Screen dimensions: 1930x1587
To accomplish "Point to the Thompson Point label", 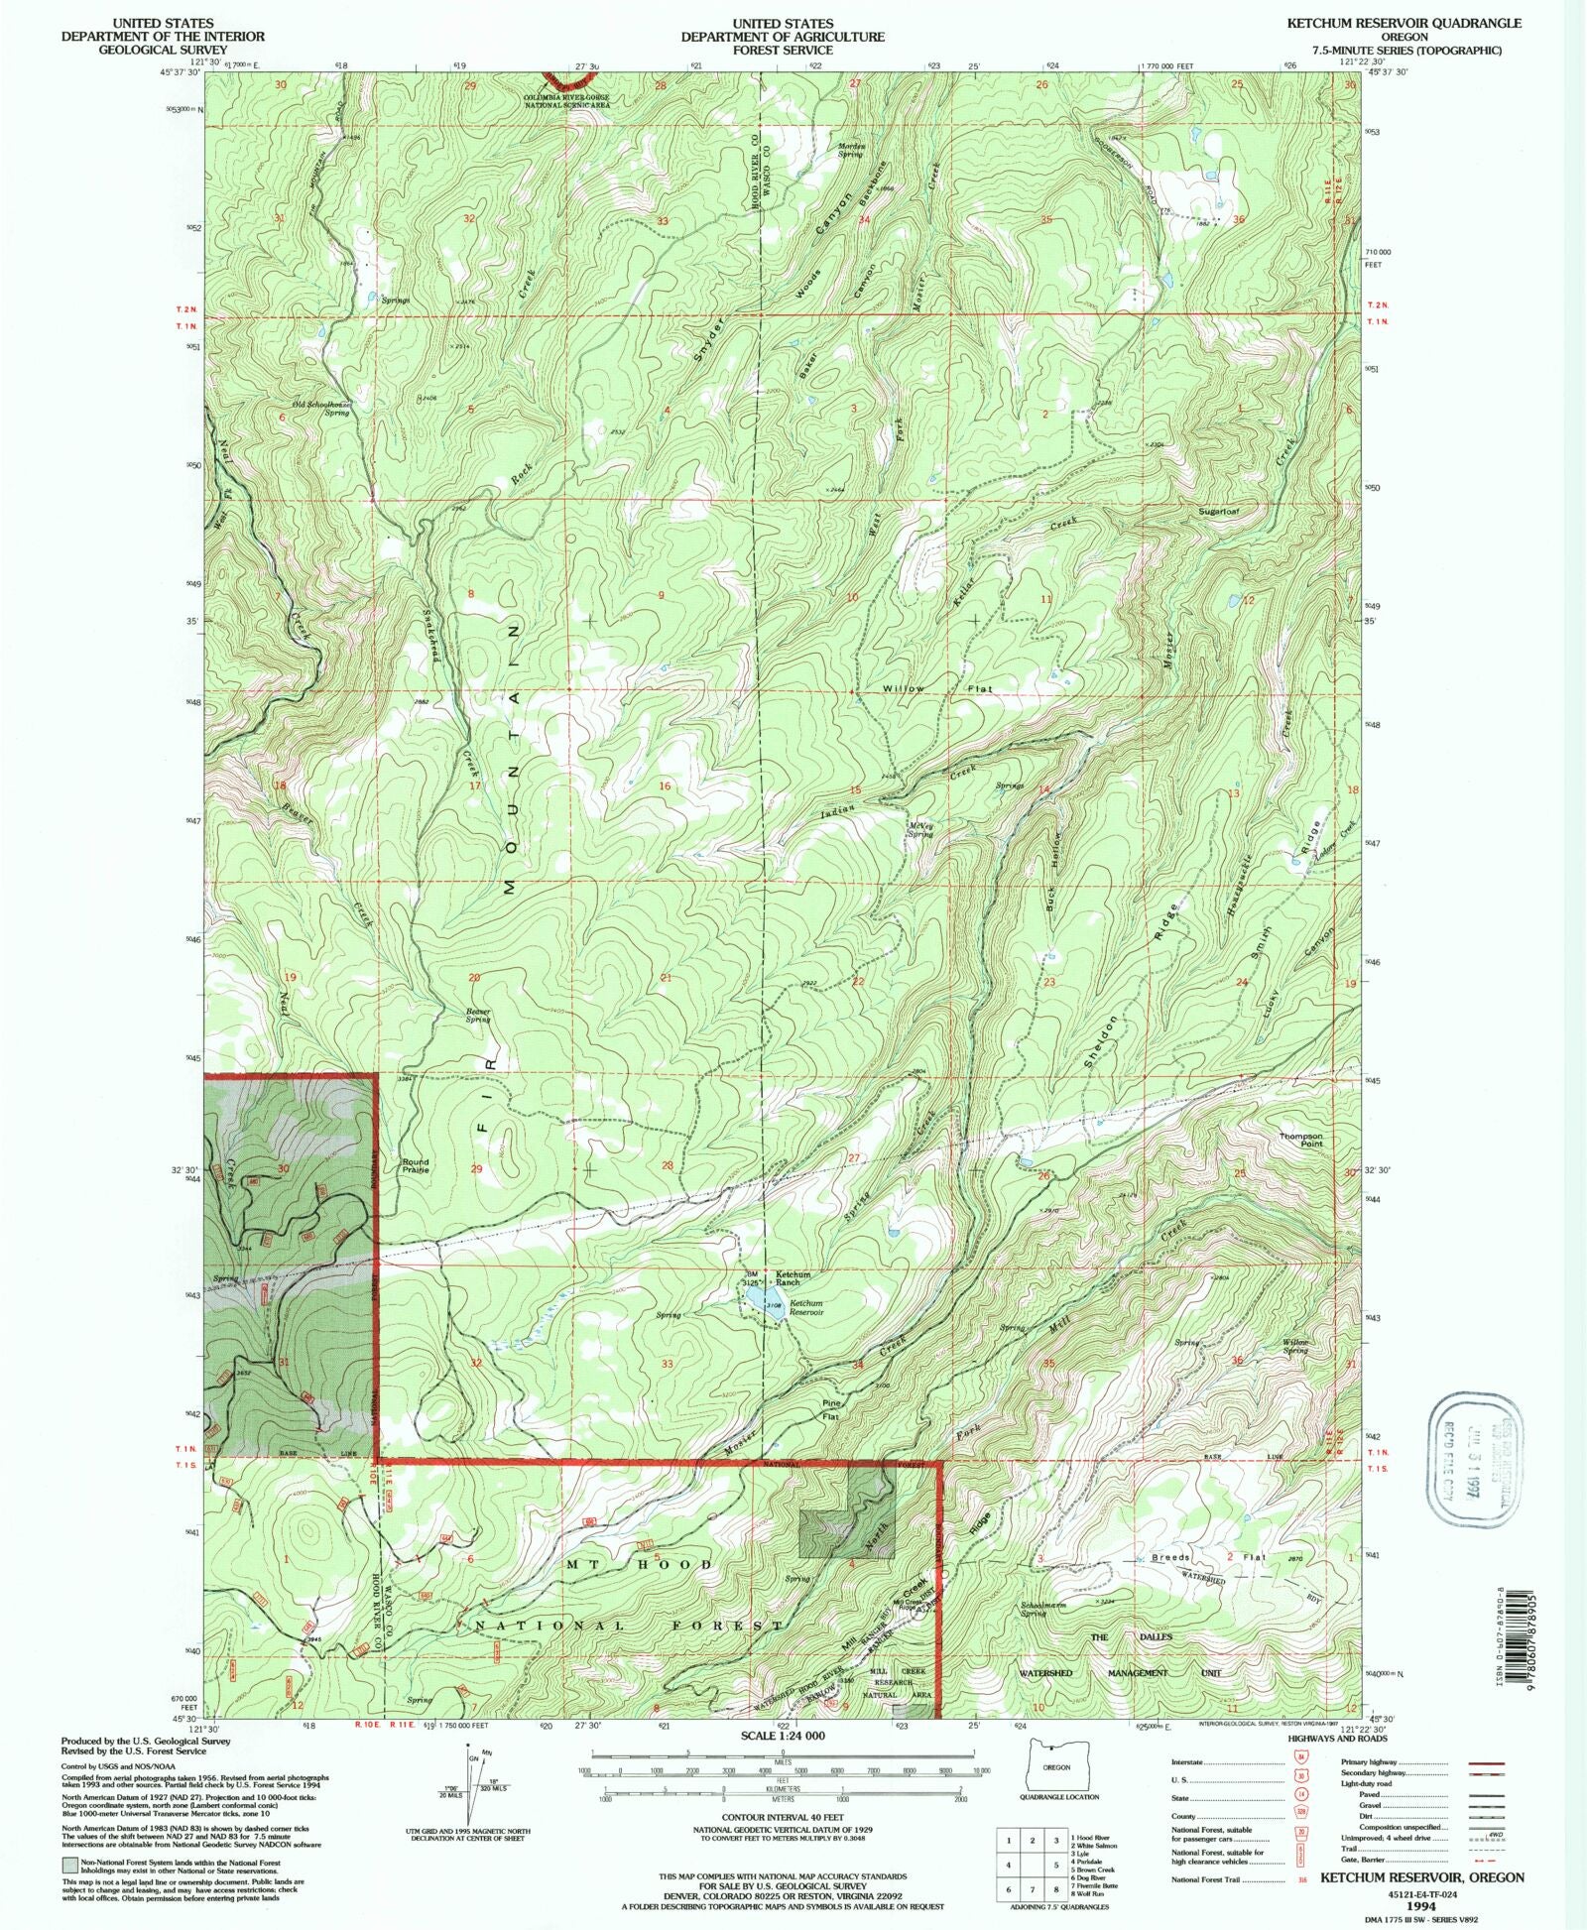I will coord(1300,1140).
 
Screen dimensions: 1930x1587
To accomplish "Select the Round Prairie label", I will coord(416,1165).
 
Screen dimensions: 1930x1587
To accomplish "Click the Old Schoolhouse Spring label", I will coord(320,408).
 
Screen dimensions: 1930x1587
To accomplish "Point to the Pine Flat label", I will coord(830,1411).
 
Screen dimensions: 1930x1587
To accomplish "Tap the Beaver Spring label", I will coord(478,1016).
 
